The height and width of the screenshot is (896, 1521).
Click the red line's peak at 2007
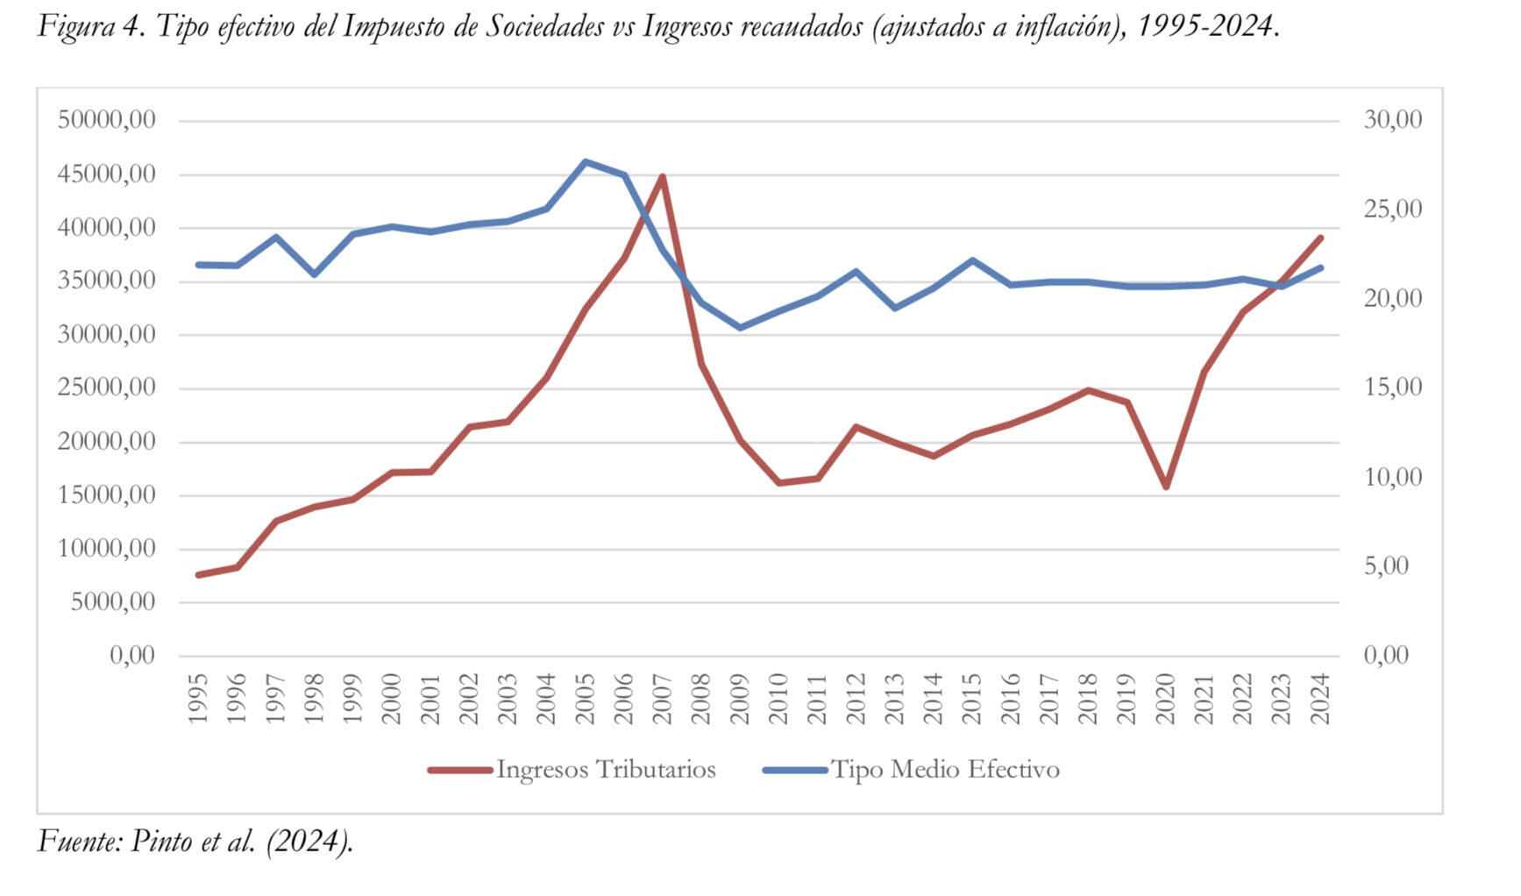662,177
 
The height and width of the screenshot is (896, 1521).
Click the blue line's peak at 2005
585,161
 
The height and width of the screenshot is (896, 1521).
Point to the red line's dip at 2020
1166,487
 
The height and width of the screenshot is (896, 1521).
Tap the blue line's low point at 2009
740,328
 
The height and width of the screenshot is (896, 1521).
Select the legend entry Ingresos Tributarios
605,770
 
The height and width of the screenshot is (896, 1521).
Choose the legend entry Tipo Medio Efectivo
944,770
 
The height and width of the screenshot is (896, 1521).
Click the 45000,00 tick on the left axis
106,174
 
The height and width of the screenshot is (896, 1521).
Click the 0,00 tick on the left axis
131,656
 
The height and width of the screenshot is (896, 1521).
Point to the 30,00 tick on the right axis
1392,119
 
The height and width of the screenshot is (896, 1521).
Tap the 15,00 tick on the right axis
1392,388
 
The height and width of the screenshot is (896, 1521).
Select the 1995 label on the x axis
198,699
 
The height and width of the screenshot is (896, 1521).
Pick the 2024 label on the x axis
1320,699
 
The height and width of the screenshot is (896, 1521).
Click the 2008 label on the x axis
701,699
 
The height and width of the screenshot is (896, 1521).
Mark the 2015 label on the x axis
972,699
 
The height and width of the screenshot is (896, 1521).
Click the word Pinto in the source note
161,841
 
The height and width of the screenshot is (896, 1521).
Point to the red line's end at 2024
1320,238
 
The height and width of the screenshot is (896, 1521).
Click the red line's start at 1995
198,575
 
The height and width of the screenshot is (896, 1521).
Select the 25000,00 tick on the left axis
106,388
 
